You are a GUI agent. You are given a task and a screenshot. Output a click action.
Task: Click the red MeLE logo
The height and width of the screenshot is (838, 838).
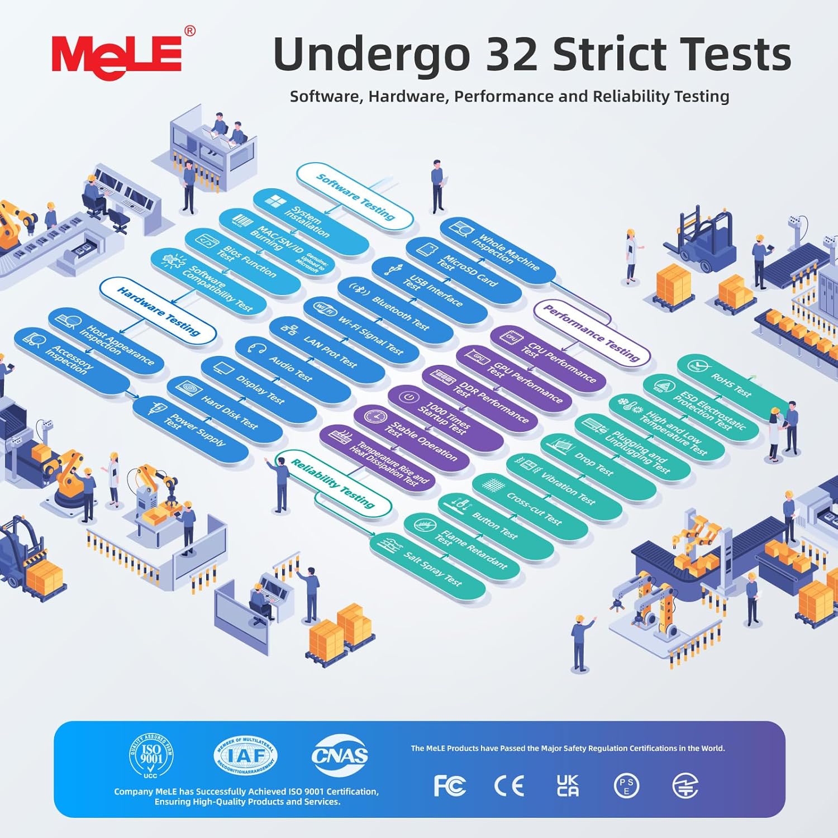coord(117,55)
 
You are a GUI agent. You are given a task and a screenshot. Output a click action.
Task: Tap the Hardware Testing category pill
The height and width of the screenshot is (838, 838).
coord(158,311)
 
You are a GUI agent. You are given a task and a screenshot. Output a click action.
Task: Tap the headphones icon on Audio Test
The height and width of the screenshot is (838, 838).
coord(257,348)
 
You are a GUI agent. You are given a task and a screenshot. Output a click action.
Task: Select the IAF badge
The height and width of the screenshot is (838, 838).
coord(246,756)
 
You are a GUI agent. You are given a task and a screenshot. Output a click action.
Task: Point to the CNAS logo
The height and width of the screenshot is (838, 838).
coord(340,755)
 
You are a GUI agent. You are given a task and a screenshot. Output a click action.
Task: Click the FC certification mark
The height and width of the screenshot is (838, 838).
coord(450,786)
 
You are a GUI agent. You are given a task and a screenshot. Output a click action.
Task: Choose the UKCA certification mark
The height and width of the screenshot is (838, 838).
coord(568,785)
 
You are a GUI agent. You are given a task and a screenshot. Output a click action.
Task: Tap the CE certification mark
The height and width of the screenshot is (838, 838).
coord(509,786)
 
